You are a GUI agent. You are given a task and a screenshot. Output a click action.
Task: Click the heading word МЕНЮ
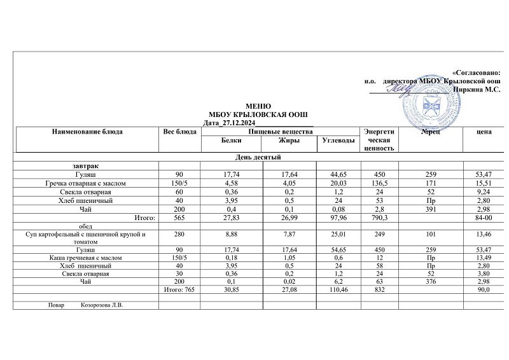tap(258, 106)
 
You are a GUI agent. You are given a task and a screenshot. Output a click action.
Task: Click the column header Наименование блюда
tap(88, 132)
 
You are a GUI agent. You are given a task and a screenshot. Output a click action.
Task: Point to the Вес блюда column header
tap(180, 132)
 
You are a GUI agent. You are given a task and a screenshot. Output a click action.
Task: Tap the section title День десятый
tap(259, 157)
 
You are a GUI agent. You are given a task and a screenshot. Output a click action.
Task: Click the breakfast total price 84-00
tap(487, 218)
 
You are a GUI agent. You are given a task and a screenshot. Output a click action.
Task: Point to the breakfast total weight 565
tap(180, 218)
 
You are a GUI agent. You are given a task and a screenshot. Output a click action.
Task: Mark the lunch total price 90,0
tap(486, 289)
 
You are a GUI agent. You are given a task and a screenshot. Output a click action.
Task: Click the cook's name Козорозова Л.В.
tap(102, 305)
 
